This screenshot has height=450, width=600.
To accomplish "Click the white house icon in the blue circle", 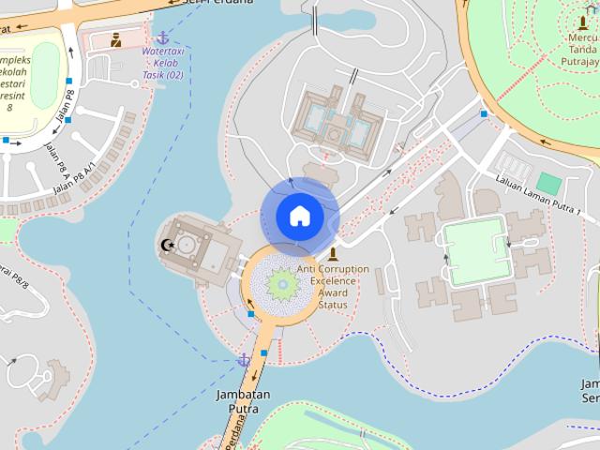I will [299, 217].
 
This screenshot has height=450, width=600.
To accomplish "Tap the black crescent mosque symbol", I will [168, 246].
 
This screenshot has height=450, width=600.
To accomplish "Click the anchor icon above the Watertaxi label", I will [162, 37].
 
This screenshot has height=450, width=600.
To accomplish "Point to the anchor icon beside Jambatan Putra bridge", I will [244, 359].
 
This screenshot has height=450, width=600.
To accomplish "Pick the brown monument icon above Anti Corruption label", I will [333, 254].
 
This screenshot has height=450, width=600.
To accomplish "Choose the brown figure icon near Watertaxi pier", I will [115, 39].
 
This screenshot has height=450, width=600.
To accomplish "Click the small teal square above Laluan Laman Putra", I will [548, 183].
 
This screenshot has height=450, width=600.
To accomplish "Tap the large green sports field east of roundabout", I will [476, 250].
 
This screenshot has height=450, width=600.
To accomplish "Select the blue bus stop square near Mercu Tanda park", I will [484, 113].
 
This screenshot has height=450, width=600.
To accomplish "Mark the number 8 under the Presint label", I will [9, 107].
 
